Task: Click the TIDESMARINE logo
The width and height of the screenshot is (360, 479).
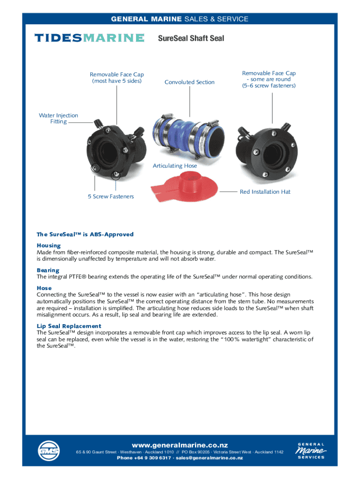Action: (89, 38)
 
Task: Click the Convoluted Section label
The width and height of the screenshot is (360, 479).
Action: (189, 82)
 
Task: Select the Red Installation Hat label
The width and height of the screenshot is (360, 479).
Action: (265, 192)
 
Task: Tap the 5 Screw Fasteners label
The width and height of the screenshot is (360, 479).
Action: (110, 196)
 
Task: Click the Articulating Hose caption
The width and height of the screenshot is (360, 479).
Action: (175, 166)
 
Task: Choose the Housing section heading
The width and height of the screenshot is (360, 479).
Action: (49, 246)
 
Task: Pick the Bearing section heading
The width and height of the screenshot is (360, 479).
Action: (48, 270)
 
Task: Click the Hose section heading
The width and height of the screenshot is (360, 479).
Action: (44, 288)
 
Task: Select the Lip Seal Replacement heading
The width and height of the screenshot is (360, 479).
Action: (69, 326)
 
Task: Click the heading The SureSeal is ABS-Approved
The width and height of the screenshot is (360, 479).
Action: (85, 234)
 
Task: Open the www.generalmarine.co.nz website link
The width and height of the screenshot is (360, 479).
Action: (180, 445)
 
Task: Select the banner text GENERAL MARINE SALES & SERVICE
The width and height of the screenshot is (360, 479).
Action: (180, 19)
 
